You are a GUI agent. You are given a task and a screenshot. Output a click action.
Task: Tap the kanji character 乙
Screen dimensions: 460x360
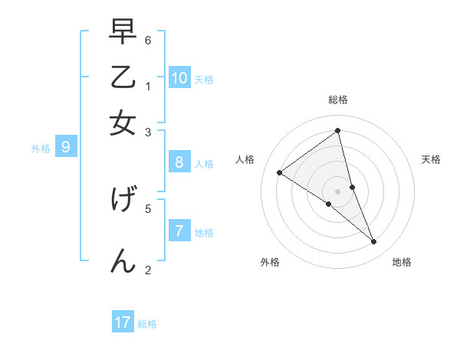123,79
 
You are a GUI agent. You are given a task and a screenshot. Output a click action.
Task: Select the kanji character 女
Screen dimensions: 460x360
123,123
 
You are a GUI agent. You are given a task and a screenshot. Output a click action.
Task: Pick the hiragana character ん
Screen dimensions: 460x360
123,260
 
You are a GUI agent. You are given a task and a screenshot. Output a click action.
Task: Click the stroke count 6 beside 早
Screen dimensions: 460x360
148,40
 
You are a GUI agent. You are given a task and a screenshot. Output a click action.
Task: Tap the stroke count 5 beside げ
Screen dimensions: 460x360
148,208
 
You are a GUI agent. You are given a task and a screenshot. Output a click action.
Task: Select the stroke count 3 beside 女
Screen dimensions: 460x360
148,132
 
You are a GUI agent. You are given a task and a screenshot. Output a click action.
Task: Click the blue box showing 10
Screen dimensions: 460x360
179,77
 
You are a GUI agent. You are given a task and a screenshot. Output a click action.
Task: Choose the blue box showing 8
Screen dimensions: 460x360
179,162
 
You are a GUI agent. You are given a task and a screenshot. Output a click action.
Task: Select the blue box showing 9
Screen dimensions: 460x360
65,146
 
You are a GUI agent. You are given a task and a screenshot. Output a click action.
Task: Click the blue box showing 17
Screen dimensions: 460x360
123,322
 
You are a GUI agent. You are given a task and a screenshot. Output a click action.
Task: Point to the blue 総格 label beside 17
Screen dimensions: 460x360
147,324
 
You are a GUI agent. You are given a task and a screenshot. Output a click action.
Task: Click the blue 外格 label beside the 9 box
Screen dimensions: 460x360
40,149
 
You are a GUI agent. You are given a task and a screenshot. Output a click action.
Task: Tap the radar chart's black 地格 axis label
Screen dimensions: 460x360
402,262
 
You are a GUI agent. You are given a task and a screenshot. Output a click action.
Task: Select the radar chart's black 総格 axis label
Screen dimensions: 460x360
338,100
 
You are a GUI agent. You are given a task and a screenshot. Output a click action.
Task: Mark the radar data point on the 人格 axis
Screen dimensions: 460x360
279,172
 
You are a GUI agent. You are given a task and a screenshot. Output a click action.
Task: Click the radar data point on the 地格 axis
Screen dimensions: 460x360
374,242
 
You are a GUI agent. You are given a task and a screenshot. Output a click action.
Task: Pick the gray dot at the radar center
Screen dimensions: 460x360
338,191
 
